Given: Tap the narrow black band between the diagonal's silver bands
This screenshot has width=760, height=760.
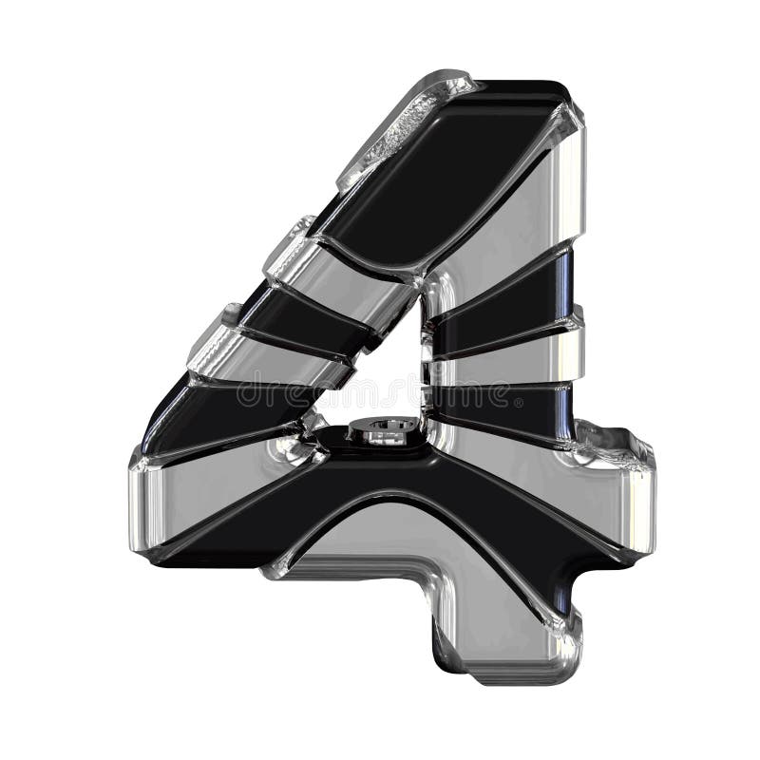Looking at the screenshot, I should point(304,313).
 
